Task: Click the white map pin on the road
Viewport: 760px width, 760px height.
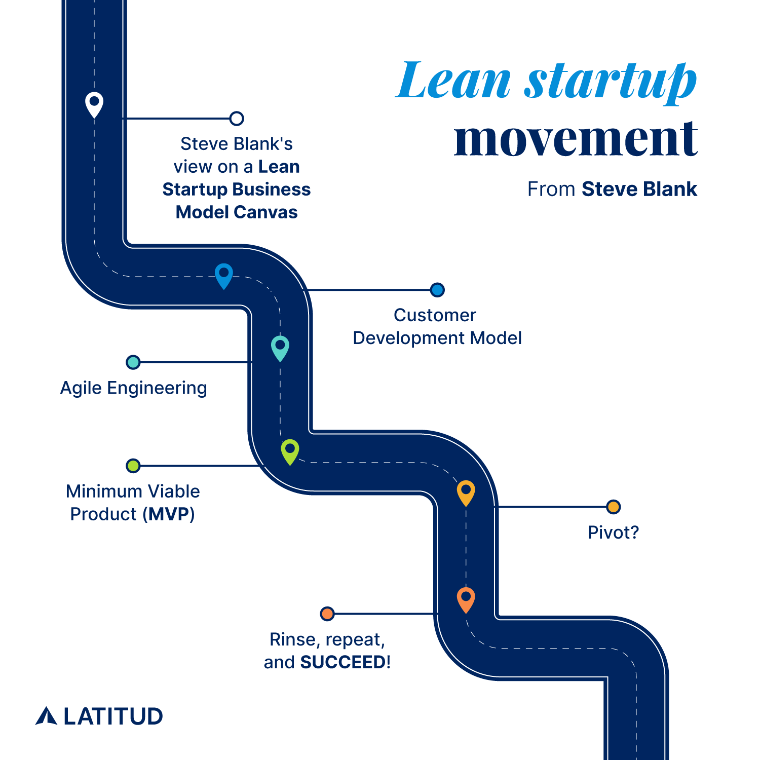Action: tap(94, 104)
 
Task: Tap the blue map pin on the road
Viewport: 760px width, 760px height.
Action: tap(223, 275)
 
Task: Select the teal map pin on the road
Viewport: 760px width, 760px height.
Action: tap(280, 347)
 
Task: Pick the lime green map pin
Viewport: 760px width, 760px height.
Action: tap(290, 451)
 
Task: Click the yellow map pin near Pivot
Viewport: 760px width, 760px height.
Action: tap(466, 492)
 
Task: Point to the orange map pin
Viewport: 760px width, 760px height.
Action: tap(466, 599)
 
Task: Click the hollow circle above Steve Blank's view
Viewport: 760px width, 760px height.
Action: tap(237, 119)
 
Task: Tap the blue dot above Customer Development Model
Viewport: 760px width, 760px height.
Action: tap(437, 290)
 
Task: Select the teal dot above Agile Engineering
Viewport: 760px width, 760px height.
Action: tap(133, 362)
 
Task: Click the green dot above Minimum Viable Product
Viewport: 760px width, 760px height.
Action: tap(133, 466)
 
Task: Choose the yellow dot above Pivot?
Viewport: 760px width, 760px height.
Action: tap(613, 507)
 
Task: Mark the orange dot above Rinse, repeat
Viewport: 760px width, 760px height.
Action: tap(327, 614)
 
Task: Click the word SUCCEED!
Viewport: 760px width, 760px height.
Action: tap(345, 662)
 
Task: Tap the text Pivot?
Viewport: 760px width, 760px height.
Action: tap(613, 533)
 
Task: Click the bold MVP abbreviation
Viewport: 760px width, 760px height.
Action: tap(169, 514)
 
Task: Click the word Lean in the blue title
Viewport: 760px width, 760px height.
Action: tap(453, 81)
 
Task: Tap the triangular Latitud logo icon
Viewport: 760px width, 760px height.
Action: tap(46, 715)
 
